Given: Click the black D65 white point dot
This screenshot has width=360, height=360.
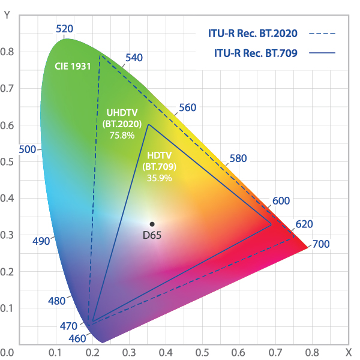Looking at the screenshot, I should coord(152,224).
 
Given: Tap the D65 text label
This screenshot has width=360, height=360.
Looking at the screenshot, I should coord(152,235).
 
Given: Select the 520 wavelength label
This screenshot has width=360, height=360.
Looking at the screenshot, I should coord(64,29).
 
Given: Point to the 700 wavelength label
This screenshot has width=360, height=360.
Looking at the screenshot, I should coord(320,244).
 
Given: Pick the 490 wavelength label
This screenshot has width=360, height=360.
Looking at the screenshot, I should coord(41,241).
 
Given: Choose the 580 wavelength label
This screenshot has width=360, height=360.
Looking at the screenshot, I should coord(238,159).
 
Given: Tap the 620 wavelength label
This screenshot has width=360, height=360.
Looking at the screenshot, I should coord(304,224).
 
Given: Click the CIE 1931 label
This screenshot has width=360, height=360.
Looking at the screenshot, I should coord(73,66).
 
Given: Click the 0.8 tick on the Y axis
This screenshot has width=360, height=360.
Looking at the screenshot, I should coord(7,52).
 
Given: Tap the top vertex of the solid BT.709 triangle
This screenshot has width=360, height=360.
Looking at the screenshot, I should coord(148,125).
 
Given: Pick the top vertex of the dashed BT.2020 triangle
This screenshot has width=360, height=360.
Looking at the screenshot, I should coord(100,55).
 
